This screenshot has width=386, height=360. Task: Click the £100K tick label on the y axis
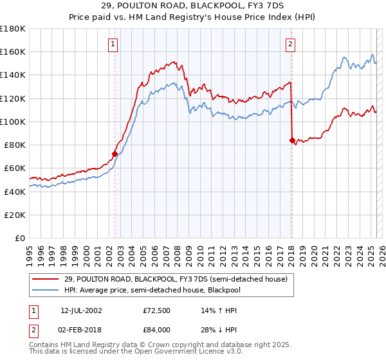[13, 122]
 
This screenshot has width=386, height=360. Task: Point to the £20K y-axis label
[15, 215]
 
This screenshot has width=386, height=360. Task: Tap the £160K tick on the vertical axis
[13, 51]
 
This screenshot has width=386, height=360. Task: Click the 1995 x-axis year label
[30, 250]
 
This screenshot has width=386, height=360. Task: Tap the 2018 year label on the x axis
[291, 250]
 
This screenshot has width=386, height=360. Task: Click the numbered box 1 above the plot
[113, 44]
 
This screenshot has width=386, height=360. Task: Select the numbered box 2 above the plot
[290, 44]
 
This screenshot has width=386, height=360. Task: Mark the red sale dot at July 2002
[115, 154]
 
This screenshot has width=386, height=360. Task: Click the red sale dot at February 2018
[292, 140]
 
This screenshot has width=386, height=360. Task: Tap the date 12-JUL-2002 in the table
[80, 310]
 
